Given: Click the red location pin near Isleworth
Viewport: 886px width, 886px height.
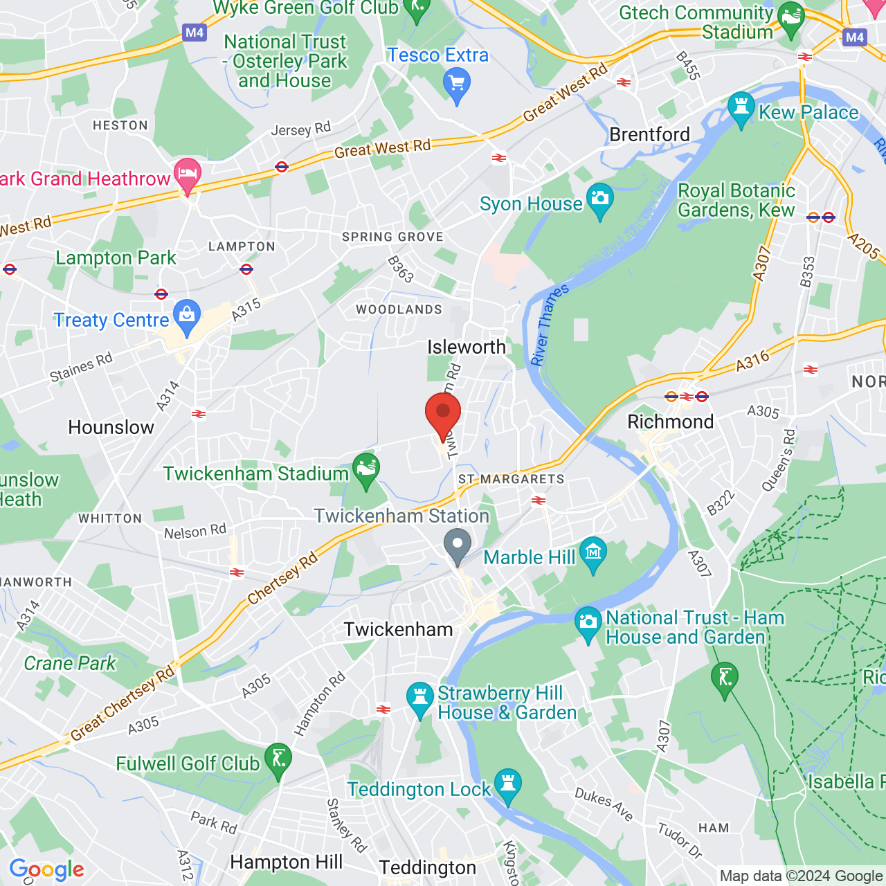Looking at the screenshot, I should point(443,414).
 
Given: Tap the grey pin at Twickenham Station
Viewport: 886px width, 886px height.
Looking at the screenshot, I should point(457,544).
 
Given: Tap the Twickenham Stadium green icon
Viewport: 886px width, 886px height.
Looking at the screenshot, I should point(365,469).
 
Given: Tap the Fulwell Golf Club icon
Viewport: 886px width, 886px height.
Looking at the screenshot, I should point(278,759).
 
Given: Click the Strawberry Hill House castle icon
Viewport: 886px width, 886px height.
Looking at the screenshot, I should point(419,698).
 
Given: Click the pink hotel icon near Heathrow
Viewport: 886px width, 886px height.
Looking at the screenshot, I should point(187,173).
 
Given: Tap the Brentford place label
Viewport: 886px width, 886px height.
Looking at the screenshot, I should point(649,134).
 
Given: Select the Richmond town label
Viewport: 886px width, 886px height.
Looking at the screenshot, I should point(670,422).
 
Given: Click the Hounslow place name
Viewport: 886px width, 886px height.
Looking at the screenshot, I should point(111,427).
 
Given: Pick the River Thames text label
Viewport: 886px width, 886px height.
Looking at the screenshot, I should point(550,324).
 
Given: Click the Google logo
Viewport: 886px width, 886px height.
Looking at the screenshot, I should point(46,869).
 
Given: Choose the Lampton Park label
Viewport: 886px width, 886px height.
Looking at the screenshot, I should point(116,258).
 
